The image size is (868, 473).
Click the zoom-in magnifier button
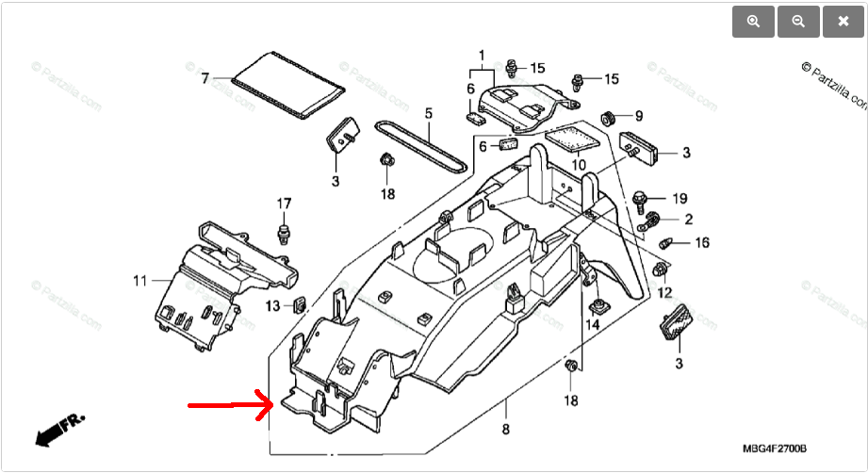pos(753,23)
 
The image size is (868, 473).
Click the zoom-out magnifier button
pos(798,23)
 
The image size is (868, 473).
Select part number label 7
pos(205,78)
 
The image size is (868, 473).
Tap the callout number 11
pos(139,281)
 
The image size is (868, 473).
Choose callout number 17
pos(284,204)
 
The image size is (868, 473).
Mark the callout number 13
pos(271,305)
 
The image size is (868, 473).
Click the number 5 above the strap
pos(428,114)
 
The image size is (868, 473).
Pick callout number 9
pos(638,117)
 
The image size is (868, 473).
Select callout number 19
pos(680,199)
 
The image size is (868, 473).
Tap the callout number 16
pos(702,243)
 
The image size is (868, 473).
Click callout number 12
pos(664,293)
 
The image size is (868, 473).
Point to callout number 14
pos(593,325)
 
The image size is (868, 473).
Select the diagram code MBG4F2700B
pos(775,449)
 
